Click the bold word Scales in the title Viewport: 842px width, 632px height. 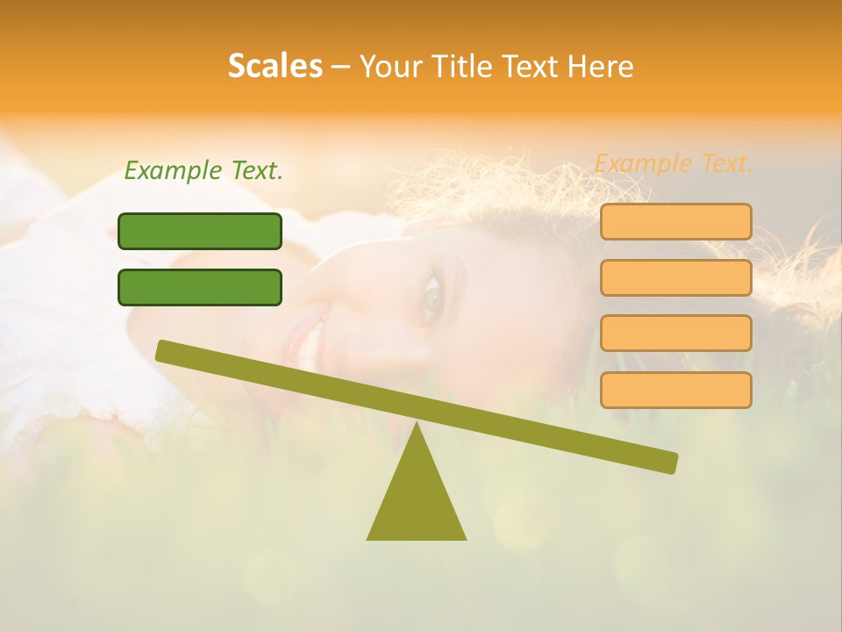275,66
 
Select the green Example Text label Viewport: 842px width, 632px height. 203,170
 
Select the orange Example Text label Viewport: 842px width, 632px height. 674,163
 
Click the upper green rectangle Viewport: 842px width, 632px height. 200,231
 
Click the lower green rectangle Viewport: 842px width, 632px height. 200,287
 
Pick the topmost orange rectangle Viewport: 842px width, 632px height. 675,221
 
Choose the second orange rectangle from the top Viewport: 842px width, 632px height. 675,277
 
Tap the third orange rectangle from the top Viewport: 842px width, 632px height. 675,333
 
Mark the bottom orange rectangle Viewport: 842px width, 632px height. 675,390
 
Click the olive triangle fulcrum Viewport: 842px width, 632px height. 417,500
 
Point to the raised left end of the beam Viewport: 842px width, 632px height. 163,350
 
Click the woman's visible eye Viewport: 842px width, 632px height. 432,294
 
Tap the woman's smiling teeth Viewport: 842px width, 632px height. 309,348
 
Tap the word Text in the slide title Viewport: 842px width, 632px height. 534,66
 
